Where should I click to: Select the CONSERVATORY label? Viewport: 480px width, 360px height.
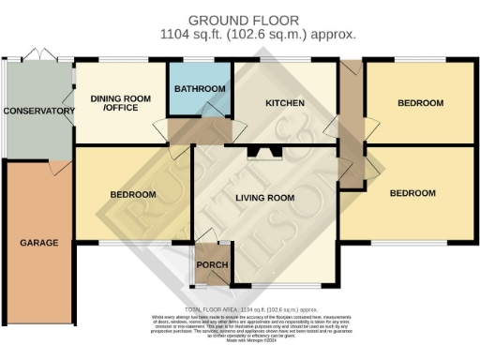[38, 111]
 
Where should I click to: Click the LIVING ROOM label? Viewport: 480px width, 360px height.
[263, 198]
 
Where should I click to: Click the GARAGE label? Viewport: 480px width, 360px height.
[38, 243]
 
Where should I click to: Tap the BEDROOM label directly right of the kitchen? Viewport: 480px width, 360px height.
[413, 103]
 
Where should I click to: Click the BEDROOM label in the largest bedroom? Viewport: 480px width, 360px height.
[412, 193]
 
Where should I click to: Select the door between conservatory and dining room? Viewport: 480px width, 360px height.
[68, 97]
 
